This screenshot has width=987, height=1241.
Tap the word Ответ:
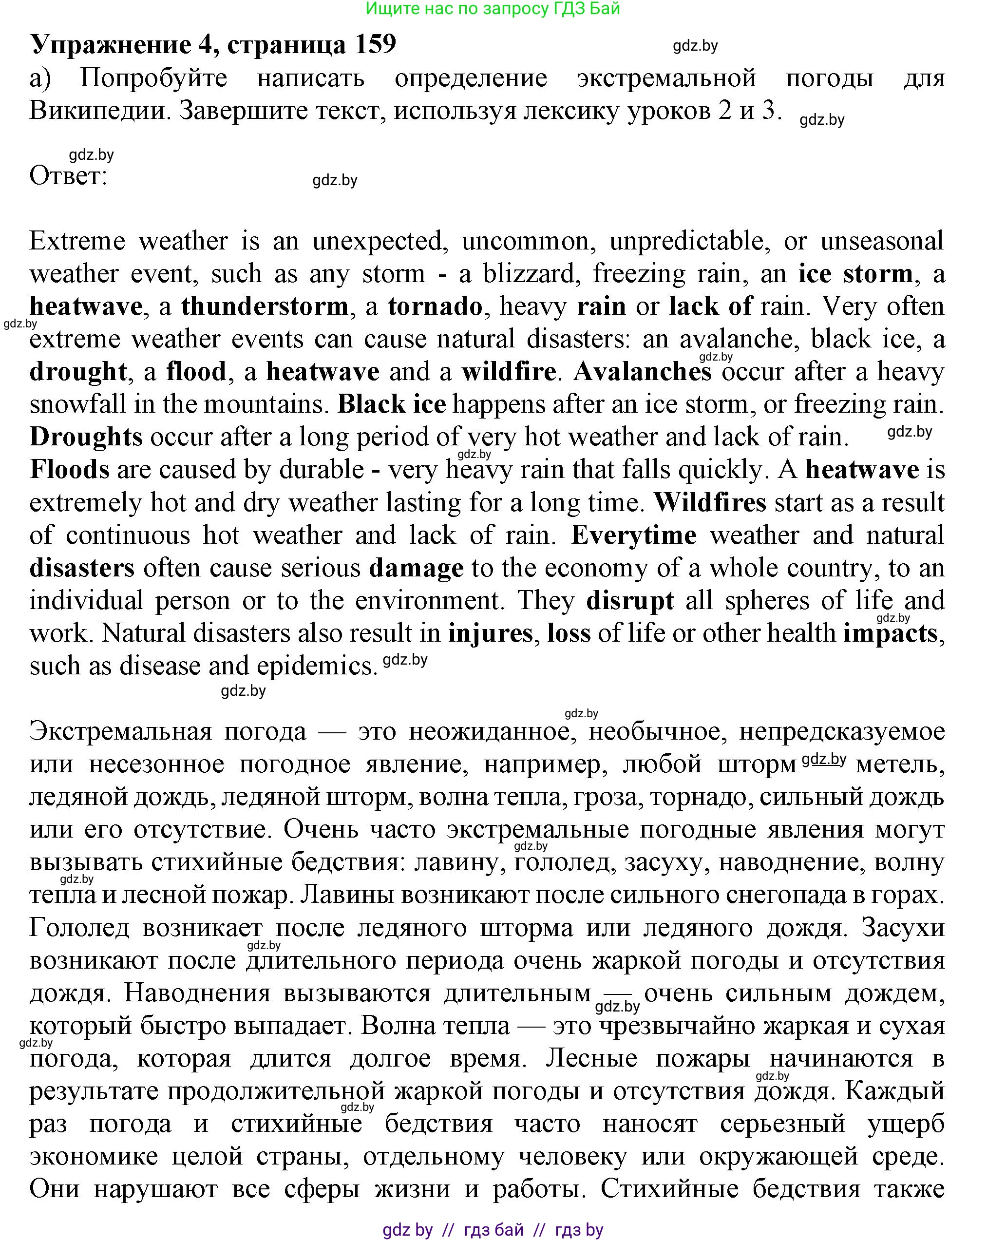(69, 176)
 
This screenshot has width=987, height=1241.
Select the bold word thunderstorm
(265, 306)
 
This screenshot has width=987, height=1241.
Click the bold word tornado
(435, 306)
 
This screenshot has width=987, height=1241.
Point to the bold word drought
(77, 372)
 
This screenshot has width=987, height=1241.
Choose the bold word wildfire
(508, 372)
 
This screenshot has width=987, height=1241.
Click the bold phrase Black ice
(391, 404)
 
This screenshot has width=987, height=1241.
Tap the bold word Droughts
(86, 437)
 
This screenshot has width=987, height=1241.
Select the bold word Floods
(69, 470)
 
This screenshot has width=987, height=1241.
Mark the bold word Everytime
(634, 535)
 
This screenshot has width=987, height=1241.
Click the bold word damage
(416, 568)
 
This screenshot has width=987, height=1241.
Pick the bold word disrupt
(629, 601)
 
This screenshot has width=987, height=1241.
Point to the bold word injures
(491, 633)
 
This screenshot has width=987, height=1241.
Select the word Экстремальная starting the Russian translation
(120, 732)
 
